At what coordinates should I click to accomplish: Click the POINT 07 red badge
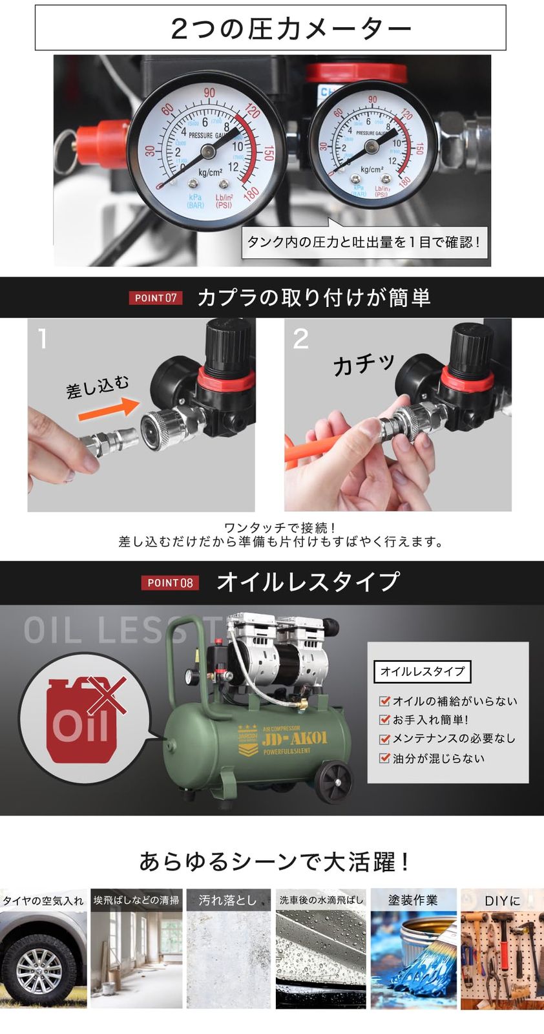point(156,298)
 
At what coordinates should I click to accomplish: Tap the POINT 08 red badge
point(170,582)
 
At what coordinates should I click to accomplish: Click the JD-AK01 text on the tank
point(295,737)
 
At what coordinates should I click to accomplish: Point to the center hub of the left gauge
point(208,152)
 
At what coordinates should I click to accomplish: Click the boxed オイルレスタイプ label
point(423,671)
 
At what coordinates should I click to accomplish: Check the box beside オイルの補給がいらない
point(384,701)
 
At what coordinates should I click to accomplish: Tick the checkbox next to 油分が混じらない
point(384,758)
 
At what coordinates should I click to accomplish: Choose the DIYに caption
point(502,900)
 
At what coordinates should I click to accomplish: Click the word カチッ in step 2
point(364,364)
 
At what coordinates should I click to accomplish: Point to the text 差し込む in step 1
point(98,386)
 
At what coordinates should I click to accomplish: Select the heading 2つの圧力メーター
point(291,29)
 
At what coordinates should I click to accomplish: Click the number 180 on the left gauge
point(251,192)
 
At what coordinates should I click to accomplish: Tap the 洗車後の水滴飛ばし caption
point(321,900)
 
